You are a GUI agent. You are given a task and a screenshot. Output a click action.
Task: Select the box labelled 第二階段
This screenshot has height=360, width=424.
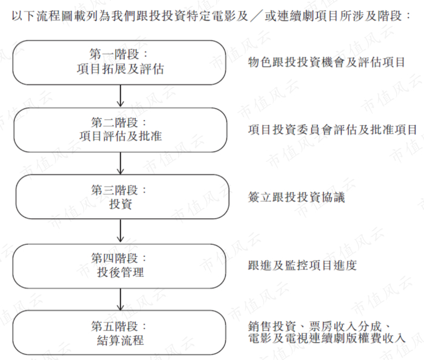[x=121, y=129]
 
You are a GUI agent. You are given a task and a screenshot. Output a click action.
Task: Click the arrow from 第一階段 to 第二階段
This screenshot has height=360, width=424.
[x=121, y=96]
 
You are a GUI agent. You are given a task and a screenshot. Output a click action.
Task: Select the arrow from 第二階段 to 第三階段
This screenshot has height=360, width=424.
[x=121, y=163]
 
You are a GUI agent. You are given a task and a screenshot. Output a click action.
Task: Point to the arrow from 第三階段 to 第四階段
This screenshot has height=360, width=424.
[x=121, y=231]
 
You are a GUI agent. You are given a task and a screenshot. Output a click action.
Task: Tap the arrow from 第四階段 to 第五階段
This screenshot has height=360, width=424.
[x=121, y=298]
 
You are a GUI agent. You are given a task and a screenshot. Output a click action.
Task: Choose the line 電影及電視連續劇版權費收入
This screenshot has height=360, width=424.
[x=327, y=338]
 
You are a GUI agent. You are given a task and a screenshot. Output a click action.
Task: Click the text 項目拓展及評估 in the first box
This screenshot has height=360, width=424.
[x=121, y=69]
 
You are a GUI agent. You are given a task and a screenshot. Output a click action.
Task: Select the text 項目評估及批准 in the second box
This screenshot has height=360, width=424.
[x=121, y=136]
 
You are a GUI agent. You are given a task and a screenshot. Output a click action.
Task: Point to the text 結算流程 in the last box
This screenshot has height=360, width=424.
[x=121, y=339]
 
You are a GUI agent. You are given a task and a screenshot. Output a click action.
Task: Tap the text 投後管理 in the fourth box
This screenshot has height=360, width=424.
[x=121, y=272]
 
